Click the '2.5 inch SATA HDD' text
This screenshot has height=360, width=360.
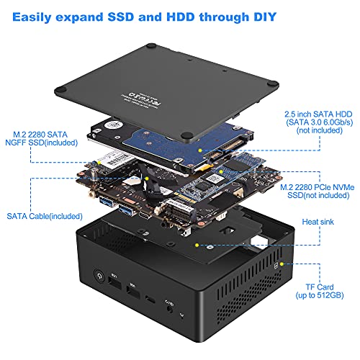point(314,114)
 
